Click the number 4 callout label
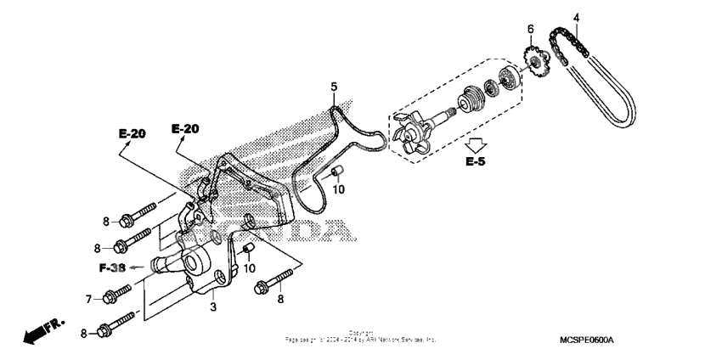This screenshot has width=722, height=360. coord(575,17)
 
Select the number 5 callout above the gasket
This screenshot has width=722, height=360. coord(334,87)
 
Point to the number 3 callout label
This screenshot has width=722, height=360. coord(214,306)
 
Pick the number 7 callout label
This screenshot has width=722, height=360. coord(88,298)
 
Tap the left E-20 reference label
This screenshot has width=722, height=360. coord(132,133)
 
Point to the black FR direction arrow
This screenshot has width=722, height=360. coord(37,331)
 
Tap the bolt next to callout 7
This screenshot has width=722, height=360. coord(118,295)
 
